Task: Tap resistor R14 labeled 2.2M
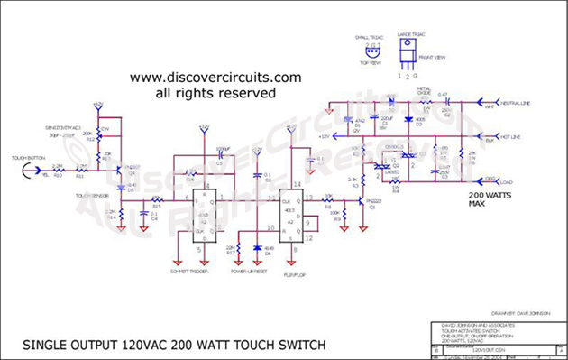pyautogui.click(x=111, y=215)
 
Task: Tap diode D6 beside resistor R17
pyautogui.click(x=259, y=246)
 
